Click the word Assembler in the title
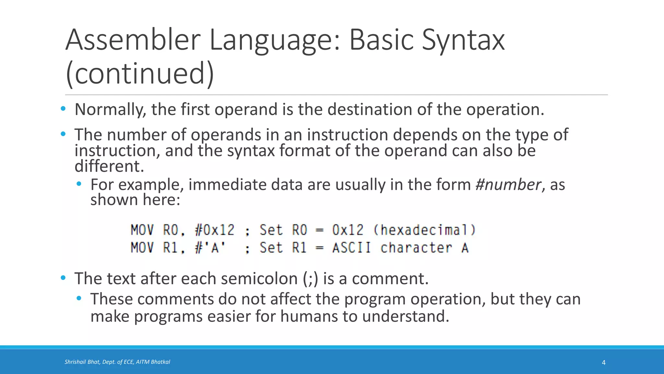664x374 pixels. pos(133,40)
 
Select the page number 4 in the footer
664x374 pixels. pos(604,363)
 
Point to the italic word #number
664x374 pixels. pos(508,185)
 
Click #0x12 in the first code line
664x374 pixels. pos(214,230)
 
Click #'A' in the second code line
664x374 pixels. pos(210,248)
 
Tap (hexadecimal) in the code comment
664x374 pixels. pos(425,230)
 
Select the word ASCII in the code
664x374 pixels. pos(351,248)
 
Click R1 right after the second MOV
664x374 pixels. pos(171,248)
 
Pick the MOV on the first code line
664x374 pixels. pos(142,230)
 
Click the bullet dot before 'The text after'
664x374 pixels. pos(63,278)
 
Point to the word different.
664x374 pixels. pos(109,167)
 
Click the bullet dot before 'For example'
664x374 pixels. pos(79,184)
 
